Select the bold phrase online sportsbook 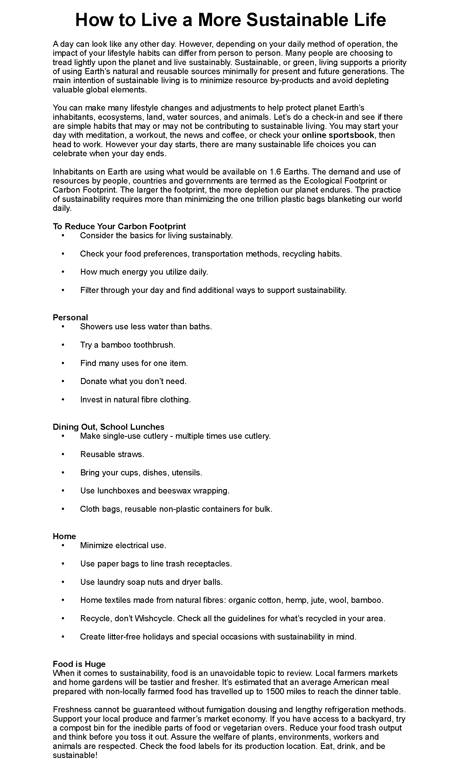pos(338,135)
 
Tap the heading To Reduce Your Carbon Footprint pos(119,226)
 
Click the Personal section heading pos(70,317)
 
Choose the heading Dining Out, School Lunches pos(108,427)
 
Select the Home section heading pos(64,536)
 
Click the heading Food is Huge pos(79,664)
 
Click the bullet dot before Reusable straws pos(63,454)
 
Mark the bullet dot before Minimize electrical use pos(63,545)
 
